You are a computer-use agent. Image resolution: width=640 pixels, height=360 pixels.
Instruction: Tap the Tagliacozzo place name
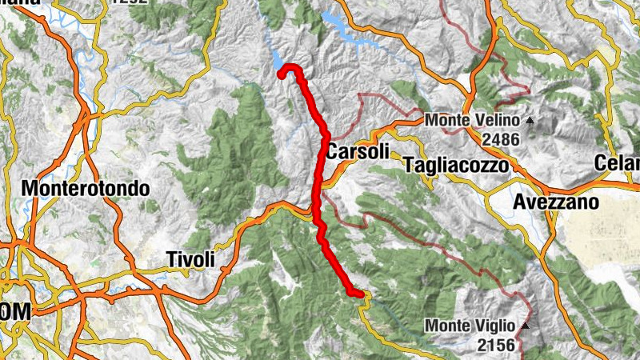(x=456, y=166)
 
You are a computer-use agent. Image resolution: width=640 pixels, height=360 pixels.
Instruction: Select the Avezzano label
(x=555, y=202)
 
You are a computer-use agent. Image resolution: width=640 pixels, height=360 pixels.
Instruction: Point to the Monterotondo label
(x=87, y=190)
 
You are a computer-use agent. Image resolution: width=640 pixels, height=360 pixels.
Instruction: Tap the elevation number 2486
(x=501, y=139)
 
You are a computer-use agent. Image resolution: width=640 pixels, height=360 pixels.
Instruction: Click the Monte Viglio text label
(x=472, y=326)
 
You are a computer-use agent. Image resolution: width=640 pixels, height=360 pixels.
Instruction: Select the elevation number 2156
(x=501, y=345)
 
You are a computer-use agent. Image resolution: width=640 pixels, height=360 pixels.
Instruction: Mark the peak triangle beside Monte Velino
(x=528, y=121)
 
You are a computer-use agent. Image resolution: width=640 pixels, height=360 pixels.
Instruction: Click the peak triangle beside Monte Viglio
(x=526, y=326)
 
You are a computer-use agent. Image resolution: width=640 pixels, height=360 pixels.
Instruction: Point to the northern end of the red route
(x=282, y=74)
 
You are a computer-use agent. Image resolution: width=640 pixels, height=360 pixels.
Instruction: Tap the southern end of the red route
(x=358, y=294)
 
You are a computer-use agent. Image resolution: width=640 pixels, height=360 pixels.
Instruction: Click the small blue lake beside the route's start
(x=277, y=61)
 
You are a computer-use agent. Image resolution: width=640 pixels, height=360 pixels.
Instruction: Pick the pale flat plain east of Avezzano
(x=600, y=232)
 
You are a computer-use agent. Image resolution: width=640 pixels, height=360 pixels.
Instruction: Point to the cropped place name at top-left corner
(x=20, y=2)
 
